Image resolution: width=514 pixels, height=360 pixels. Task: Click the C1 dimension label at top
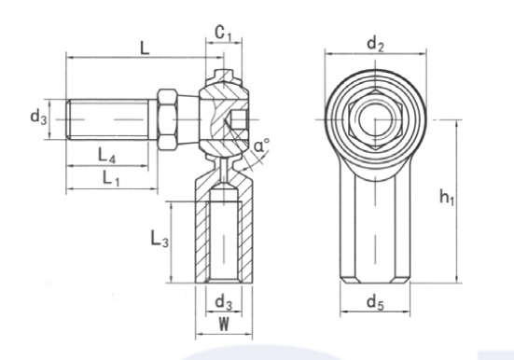tap(223, 33)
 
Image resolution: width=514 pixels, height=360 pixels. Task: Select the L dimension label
tap(145, 48)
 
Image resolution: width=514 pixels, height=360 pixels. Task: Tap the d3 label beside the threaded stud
tap(38, 118)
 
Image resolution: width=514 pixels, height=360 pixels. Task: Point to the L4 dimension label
tap(107, 155)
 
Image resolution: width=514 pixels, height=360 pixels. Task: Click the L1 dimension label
tap(111, 178)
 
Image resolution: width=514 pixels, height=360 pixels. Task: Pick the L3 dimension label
tap(160, 239)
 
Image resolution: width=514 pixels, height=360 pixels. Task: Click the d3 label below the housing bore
tap(224, 302)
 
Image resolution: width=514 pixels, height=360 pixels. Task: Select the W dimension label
tap(224, 325)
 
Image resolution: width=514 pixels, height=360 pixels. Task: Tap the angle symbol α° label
tap(261, 145)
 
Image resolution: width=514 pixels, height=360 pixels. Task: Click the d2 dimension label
tap(375, 44)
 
